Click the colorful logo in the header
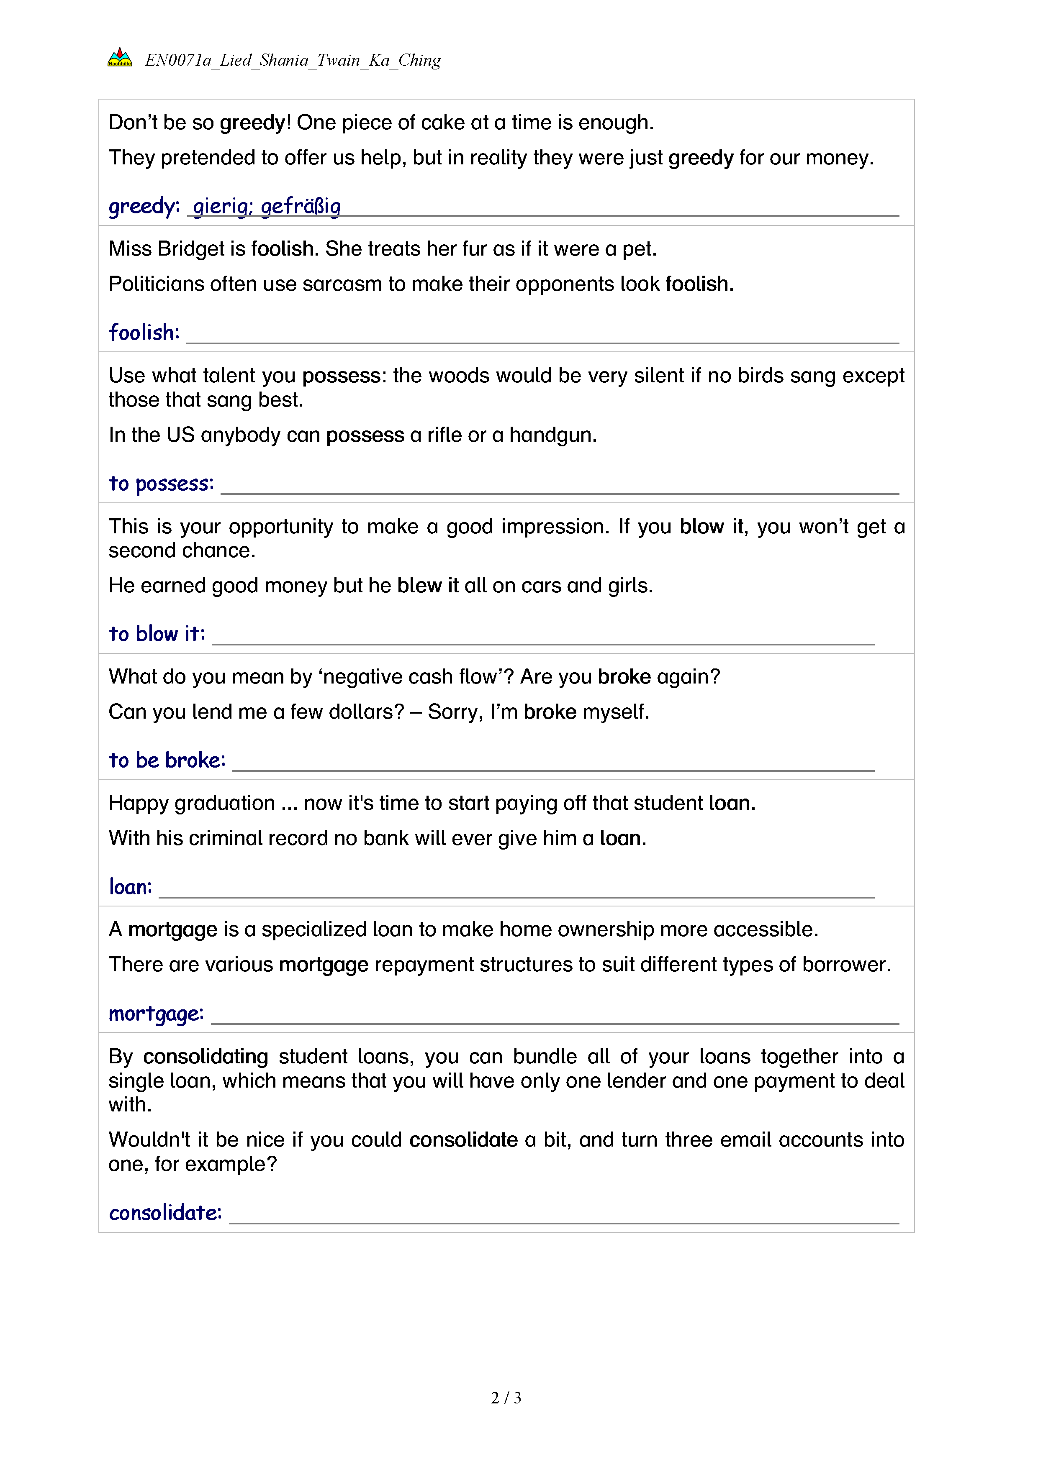click(x=120, y=57)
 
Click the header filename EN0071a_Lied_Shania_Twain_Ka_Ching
click(x=293, y=60)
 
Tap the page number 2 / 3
click(x=506, y=1398)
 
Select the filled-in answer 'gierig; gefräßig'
click(x=267, y=206)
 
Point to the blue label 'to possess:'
click(x=161, y=484)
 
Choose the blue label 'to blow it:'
click(x=157, y=634)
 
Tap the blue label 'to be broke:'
click(x=167, y=760)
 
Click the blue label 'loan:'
click(x=131, y=887)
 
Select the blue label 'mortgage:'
click(x=156, y=1014)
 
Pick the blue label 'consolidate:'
click(x=165, y=1213)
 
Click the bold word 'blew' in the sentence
click(x=419, y=585)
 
